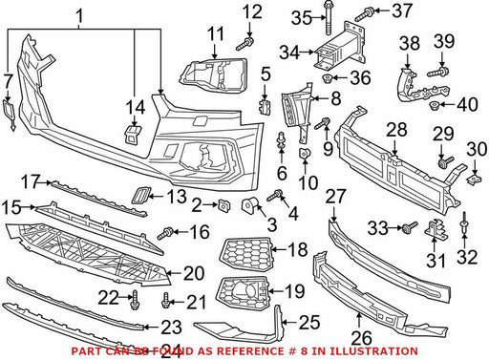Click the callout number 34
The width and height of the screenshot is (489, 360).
[289, 53]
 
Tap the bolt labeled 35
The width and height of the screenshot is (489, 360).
[329, 18]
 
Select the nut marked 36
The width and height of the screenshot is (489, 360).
[328, 78]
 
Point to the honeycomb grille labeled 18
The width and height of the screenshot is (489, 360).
[246, 253]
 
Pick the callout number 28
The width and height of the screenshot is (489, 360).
[396, 130]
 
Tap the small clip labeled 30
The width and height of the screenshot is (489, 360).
[474, 180]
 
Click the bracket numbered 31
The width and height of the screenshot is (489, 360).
[436, 229]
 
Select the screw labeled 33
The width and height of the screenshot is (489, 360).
[409, 227]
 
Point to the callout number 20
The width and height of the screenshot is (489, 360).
[194, 273]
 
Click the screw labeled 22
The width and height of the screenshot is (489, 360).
[135, 300]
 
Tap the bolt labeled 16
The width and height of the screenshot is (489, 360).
[165, 234]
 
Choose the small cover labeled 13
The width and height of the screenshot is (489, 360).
[140, 196]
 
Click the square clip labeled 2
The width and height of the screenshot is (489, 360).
[223, 205]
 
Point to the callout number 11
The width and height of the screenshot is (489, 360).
[216, 34]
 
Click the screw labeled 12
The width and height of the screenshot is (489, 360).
[244, 44]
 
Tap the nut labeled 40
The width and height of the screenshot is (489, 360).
[434, 105]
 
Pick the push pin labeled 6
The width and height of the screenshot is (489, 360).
[281, 140]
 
